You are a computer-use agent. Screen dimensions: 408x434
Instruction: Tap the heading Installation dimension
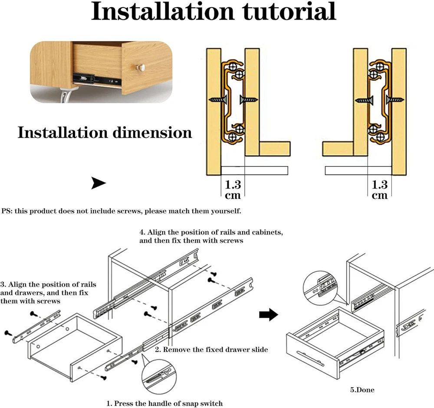click(105, 132)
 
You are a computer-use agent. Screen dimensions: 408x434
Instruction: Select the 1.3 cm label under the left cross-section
click(233, 189)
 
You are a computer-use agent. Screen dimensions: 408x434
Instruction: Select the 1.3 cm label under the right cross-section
click(380, 189)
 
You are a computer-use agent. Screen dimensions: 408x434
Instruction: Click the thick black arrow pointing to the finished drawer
click(268, 315)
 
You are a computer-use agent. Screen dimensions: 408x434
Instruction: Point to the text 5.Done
click(362, 390)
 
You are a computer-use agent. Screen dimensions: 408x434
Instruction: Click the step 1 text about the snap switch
click(164, 403)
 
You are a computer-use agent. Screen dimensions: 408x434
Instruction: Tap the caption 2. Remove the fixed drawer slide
click(211, 349)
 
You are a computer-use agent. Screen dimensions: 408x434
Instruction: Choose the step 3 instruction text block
click(48, 292)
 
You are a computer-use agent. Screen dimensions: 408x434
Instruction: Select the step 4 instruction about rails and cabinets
click(211, 236)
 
